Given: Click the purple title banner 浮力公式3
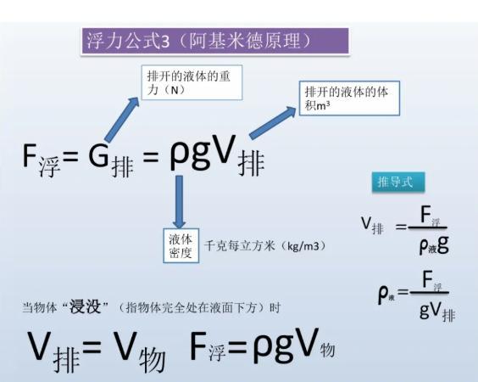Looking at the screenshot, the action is click(215, 42).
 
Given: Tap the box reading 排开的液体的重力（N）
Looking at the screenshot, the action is click(192, 82).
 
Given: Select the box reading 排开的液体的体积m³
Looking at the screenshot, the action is click(349, 98).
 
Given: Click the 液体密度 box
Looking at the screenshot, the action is click(181, 245).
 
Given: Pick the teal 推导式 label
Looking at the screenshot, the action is click(398, 182).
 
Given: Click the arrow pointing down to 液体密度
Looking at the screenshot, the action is click(180, 201).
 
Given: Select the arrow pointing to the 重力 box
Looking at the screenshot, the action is click(121, 119).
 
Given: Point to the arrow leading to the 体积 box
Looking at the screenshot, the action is click(272, 122).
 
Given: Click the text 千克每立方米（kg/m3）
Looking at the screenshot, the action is click(264, 246).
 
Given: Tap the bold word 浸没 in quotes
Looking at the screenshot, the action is click(85, 306).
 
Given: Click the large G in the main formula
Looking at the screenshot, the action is click(98, 154).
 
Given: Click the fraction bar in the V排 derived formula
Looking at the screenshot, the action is click(427, 228).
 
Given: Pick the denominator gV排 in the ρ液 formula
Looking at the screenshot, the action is click(437, 311).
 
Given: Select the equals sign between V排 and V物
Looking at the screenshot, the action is click(92, 346).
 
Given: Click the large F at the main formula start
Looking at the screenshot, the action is click(30, 154).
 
